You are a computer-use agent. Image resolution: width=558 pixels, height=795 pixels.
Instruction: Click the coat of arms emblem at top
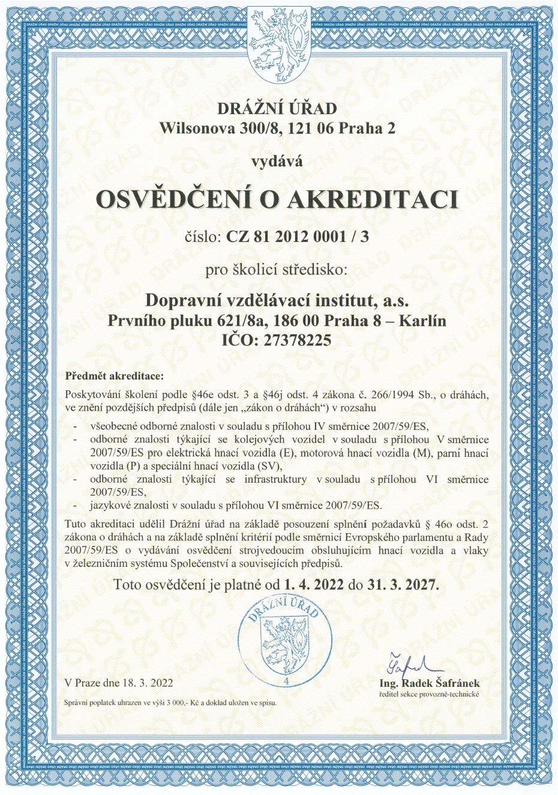pos(279,39)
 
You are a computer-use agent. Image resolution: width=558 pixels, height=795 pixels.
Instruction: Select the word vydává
pos(277,161)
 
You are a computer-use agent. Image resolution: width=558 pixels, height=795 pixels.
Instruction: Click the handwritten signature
pos(406,663)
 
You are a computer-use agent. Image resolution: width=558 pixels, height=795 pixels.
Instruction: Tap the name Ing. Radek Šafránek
pos(429,683)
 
